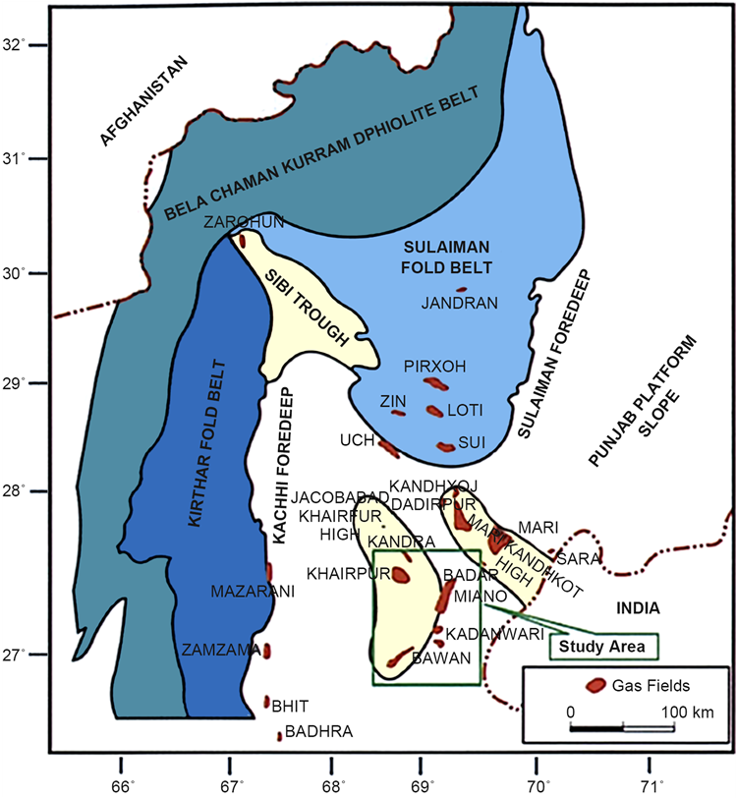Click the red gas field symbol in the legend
[594, 685]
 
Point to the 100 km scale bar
[623, 728]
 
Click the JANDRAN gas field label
[460, 303]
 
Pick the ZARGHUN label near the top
[244, 221]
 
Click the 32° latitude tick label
[14, 44]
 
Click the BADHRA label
[317, 732]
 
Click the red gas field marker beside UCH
[388, 449]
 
